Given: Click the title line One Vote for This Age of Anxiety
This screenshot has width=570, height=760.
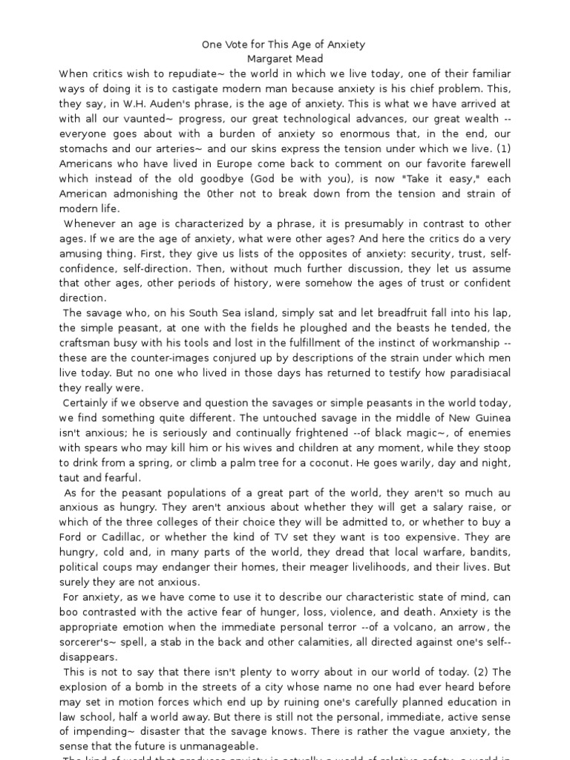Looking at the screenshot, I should pyautogui.click(x=284, y=45).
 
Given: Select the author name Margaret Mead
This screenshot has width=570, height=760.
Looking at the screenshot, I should pyautogui.click(x=284, y=59).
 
